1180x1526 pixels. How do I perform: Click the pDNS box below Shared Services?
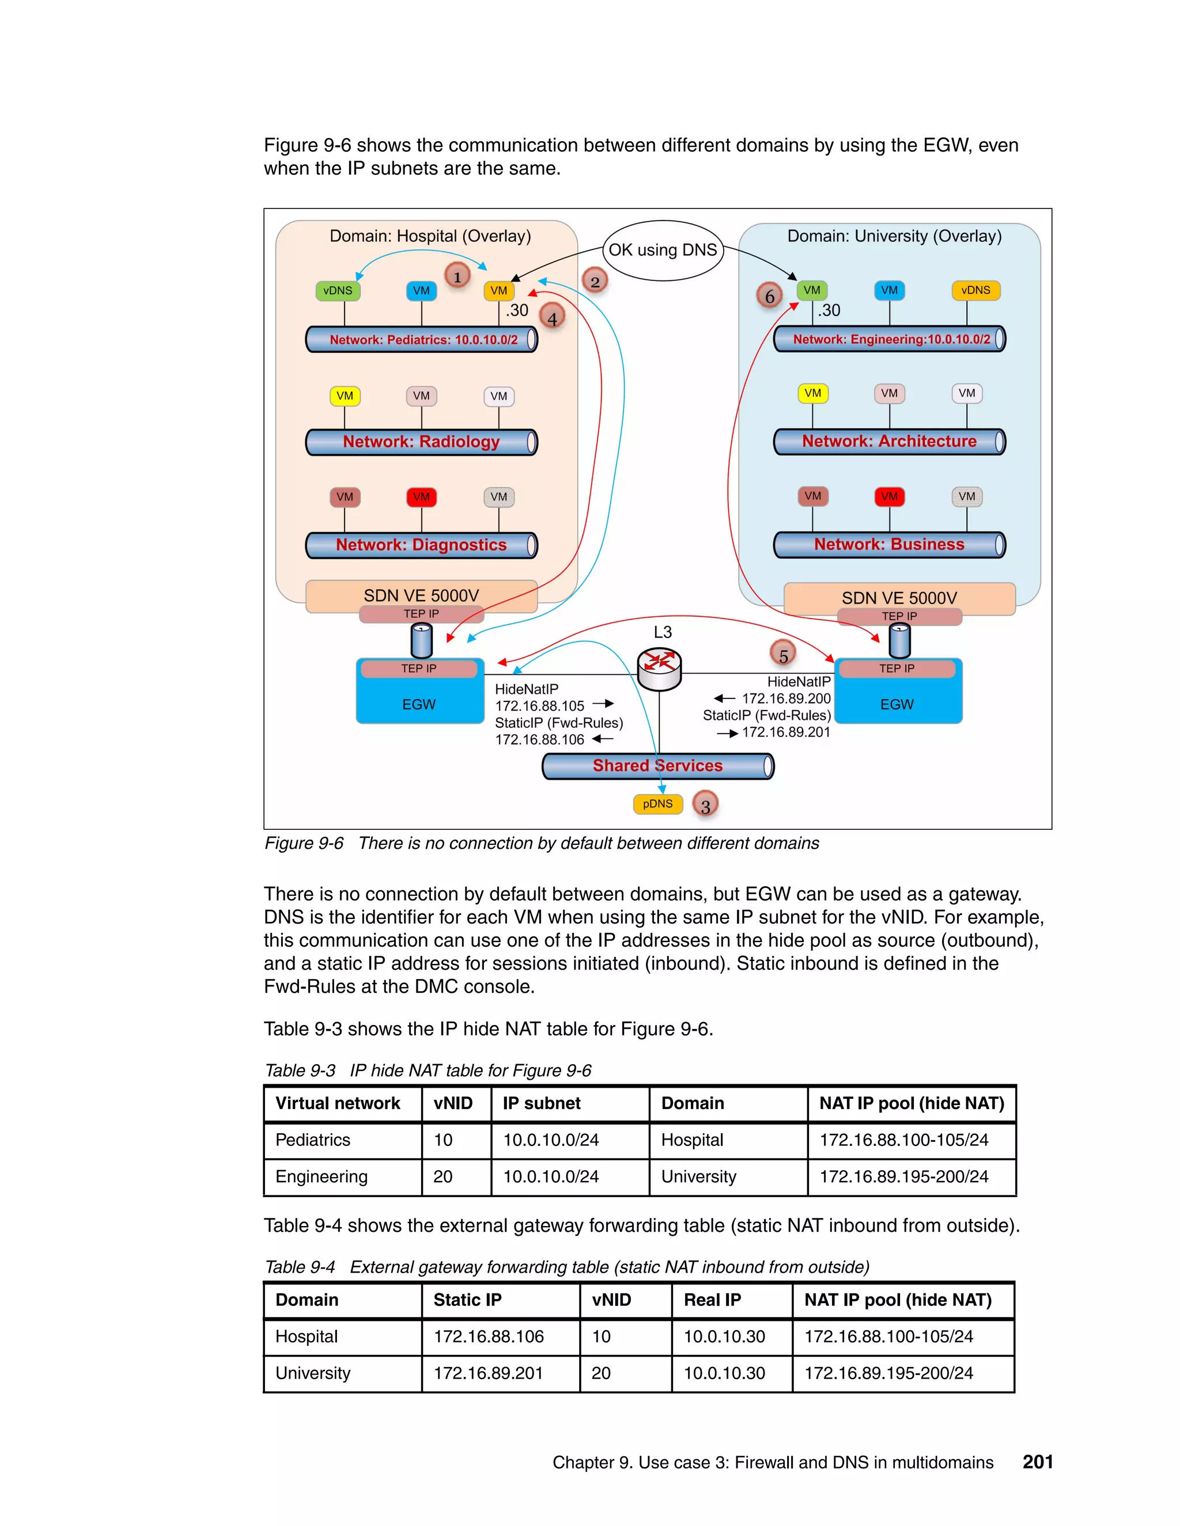(x=657, y=804)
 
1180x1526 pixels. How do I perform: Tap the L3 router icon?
(x=659, y=668)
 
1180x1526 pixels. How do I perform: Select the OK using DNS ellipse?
(x=663, y=250)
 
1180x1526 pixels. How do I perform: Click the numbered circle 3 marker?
(x=705, y=805)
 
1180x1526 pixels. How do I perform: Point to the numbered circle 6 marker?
(x=769, y=296)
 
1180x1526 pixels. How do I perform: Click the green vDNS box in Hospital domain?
(x=338, y=291)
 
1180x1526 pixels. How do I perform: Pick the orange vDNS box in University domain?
(x=975, y=290)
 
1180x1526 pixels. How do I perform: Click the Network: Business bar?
(x=888, y=544)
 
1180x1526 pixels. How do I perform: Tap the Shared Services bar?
(x=657, y=766)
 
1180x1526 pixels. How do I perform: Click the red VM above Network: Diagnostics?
(x=422, y=497)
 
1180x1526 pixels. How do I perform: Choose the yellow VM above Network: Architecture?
(x=812, y=393)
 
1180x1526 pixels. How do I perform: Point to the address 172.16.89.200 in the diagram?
(x=786, y=699)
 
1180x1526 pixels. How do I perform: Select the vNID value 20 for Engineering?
(x=442, y=1176)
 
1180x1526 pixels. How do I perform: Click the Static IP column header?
(x=467, y=1300)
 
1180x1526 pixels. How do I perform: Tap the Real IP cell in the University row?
(x=724, y=1373)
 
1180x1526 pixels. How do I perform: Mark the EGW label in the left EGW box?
(x=419, y=704)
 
